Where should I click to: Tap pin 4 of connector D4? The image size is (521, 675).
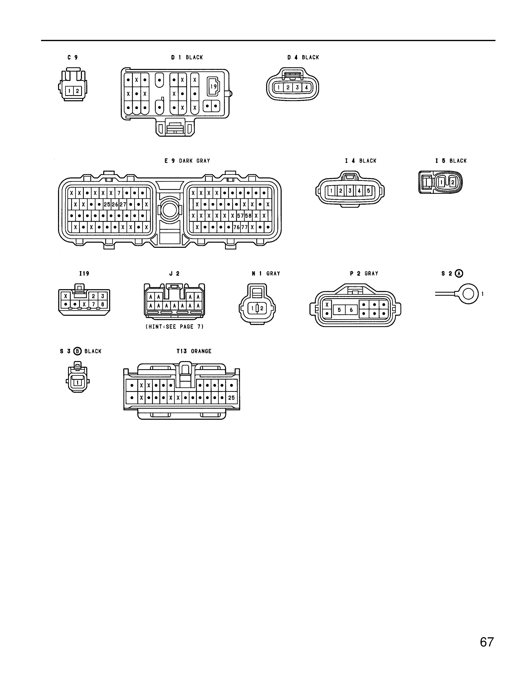point(306,88)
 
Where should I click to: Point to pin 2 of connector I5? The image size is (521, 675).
point(453,182)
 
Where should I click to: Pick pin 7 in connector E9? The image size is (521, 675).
point(119,193)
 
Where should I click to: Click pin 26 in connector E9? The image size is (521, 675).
point(115,204)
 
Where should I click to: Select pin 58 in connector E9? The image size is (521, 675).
point(248,216)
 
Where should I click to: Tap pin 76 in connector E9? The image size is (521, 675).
point(236,227)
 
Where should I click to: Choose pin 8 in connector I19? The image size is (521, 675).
point(103,304)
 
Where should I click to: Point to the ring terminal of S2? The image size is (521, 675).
point(468,294)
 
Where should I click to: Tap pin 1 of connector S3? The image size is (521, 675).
point(77,383)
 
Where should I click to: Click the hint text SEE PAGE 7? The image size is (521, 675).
point(175,327)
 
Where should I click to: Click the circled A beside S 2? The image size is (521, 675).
point(460,273)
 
